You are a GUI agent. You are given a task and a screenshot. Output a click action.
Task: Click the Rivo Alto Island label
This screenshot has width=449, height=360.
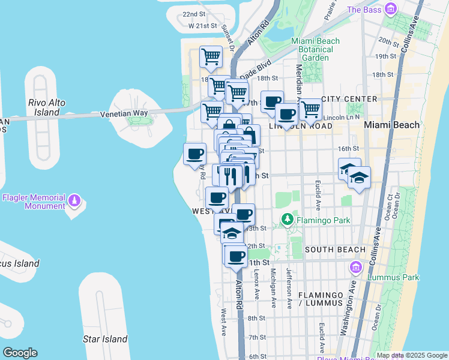click(x=46, y=107)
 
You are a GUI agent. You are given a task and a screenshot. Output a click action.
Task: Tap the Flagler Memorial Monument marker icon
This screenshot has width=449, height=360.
click(x=74, y=199)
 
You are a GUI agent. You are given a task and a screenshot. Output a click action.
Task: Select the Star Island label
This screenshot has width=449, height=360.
click(x=105, y=339)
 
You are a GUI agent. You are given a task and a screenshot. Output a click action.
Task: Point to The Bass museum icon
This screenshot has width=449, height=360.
click(x=391, y=10)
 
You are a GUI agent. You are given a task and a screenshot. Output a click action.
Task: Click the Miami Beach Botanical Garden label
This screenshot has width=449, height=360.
click(x=315, y=49)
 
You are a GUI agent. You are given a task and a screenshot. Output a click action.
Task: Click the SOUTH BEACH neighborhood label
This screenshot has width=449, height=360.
click(x=334, y=250)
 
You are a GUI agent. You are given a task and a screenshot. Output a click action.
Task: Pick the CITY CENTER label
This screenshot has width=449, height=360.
click(x=349, y=99)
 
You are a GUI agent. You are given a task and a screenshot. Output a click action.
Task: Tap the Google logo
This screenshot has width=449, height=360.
click(x=20, y=353)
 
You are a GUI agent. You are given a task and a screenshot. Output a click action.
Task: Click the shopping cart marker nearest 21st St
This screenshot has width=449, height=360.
click(x=211, y=57)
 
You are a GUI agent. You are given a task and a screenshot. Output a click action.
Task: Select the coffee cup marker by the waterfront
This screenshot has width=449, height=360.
click(x=194, y=154)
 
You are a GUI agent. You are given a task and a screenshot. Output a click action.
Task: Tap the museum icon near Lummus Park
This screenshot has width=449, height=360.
click(x=355, y=266)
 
